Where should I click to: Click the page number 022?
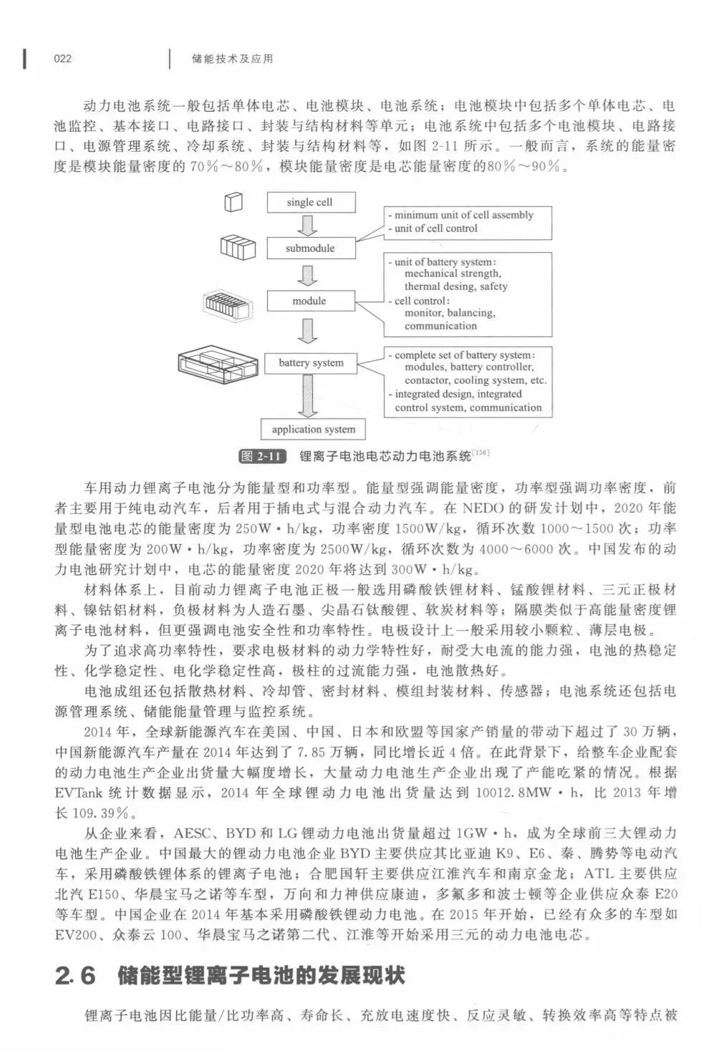coord(63,59)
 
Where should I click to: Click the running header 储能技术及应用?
coord(233,59)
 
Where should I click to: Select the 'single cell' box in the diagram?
coord(309,203)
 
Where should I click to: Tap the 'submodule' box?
coord(310,248)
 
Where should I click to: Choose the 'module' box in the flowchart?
coord(309,301)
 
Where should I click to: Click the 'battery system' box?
coord(311,363)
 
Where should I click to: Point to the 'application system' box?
coord(313,430)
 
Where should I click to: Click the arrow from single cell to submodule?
coord(309,226)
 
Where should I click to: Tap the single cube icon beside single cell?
coord(233,203)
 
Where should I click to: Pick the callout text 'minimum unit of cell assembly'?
coord(464,215)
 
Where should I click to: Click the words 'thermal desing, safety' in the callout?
coord(455,286)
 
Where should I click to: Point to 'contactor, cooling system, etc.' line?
coord(475,380)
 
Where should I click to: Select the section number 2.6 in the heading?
coord(75,976)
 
